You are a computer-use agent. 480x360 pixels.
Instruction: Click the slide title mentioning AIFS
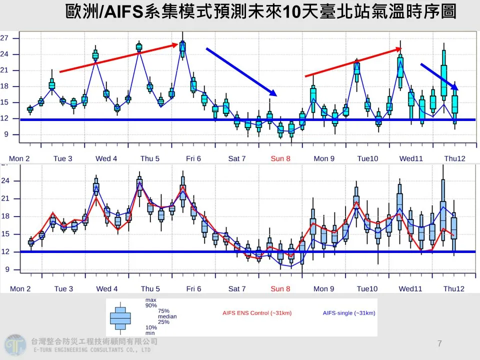point(260,12)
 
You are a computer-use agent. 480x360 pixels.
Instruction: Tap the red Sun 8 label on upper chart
point(280,158)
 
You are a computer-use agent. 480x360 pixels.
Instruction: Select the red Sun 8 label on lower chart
point(280,288)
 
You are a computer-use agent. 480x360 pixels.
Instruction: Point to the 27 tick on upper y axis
point(4,38)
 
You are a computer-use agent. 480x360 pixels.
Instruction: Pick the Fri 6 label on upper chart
point(193,158)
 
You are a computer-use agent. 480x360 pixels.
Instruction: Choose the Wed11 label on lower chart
point(411,288)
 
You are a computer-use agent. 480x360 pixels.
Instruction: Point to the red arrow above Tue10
point(353,62)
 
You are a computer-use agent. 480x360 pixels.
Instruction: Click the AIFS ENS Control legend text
point(257,313)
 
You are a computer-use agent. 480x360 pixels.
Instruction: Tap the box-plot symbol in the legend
point(120,317)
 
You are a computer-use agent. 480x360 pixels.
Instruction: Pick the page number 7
point(439,343)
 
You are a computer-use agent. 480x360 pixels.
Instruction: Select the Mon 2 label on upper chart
point(20,158)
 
